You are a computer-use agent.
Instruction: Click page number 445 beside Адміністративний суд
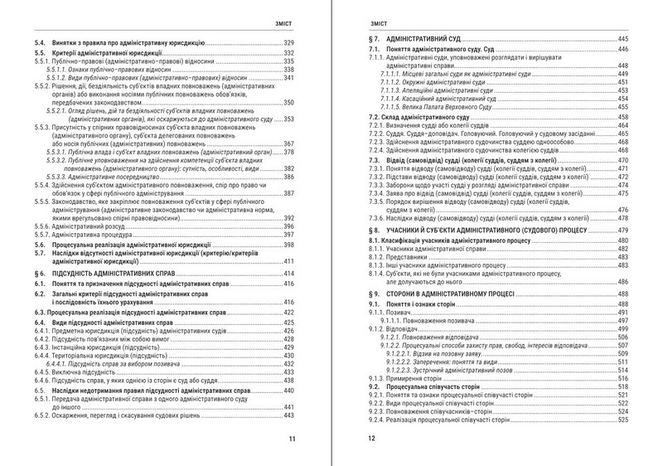coord(622,40)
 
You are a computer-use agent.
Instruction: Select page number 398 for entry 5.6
coord(289,246)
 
